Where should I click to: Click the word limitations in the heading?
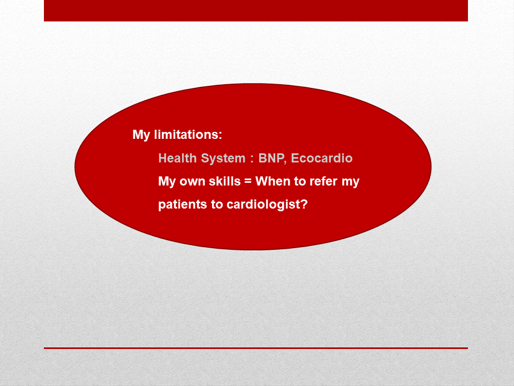[188, 134]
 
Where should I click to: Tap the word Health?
[177, 158]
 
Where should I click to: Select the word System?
[223, 159]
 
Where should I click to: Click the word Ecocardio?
[322, 158]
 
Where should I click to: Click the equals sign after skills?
[248, 181]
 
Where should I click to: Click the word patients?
[183, 204]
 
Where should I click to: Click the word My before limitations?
[141, 135]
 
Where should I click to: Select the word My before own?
[167, 182]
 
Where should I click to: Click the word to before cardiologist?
[217, 204]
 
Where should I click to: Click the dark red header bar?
[256, 11]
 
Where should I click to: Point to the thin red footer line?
[256, 348]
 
